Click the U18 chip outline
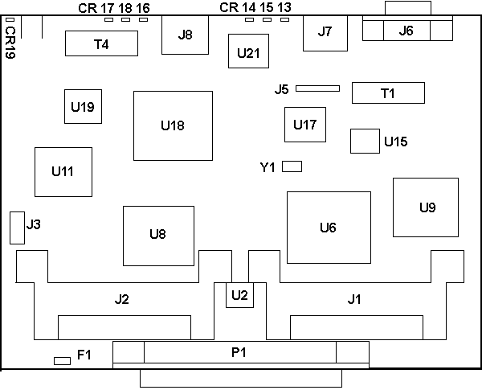point(174,125)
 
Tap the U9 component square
point(427,207)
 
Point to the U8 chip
point(157,235)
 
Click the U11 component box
point(62,171)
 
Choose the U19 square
point(83,106)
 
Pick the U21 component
point(247,52)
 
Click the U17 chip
point(305,125)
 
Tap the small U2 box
point(239,295)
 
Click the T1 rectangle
point(388,93)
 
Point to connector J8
point(186,35)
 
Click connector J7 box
point(324,33)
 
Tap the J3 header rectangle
point(16,228)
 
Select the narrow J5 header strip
point(318,88)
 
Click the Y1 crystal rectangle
point(292,166)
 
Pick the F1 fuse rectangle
point(62,360)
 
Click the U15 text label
point(395,142)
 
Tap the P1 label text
point(239,352)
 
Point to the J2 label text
point(122,300)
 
